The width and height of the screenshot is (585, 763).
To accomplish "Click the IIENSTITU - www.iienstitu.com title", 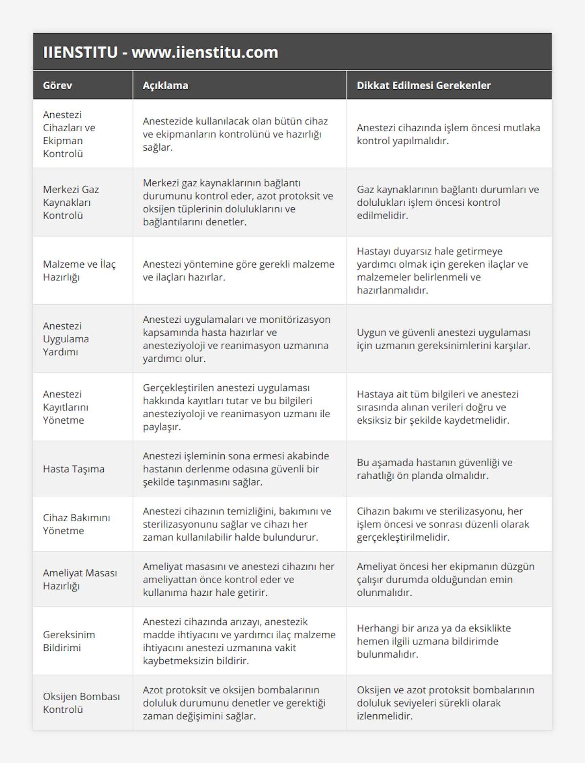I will click(x=160, y=52).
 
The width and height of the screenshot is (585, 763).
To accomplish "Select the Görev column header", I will click(x=58, y=85).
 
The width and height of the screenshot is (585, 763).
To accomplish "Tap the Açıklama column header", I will click(x=165, y=85).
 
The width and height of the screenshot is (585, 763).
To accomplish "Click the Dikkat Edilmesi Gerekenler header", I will click(x=424, y=85).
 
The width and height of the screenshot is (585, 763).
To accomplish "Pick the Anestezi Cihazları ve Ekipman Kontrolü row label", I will click(x=69, y=134).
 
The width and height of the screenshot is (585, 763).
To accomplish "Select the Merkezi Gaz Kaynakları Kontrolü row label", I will click(x=71, y=202).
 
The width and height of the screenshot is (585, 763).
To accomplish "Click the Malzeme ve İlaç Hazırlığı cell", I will click(x=79, y=271).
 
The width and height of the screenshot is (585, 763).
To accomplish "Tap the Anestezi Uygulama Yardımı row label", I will click(x=66, y=339).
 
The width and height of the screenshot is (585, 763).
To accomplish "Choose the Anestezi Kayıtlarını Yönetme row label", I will click(x=66, y=407).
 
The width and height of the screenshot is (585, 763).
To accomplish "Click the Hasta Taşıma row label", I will click(x=74, y=469).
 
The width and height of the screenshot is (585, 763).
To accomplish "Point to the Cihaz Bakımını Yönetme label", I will click(x=77, y=524).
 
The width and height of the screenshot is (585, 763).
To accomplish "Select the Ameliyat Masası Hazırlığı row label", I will click(x=80, y=579).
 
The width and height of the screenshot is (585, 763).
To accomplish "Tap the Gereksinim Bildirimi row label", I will click(x=69, y=641).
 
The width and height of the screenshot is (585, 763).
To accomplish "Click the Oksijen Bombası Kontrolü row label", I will click(x=81, y=703).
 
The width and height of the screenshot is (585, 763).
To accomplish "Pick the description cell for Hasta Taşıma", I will click(x=236, y=469).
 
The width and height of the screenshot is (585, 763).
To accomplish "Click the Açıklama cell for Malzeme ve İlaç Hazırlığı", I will click(x=238, y=271).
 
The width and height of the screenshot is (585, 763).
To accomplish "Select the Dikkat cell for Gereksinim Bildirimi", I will click(x=434, y=641).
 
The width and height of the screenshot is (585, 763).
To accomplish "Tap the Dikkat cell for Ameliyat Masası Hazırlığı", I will click(x=446, y=579).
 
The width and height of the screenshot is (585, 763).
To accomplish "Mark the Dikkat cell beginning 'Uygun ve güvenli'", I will click(x=444, y=339).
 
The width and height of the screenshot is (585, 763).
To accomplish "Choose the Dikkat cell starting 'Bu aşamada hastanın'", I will click(x=434, y=469).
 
